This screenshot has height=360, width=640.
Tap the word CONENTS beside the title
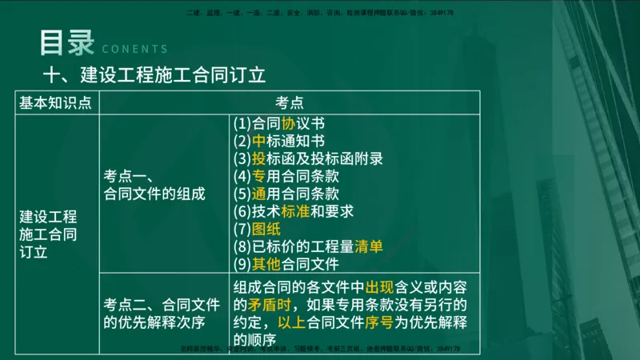pos(135,48)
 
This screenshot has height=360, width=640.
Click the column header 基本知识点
pos(55,102)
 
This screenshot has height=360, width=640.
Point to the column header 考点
pos(289,102)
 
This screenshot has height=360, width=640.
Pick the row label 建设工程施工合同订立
pos(49,234)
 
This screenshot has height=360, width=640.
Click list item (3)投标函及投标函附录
pos(308,158)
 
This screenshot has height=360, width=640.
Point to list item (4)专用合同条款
pos(286,176)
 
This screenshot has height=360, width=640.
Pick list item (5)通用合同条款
pos(286,194)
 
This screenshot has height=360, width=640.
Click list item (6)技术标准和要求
pos(293,211)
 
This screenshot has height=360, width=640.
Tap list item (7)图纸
pos(257,229)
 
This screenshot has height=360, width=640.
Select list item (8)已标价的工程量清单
pos(308,246)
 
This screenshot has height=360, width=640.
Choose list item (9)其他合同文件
pos(286,264)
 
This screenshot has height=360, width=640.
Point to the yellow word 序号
pos(390,322)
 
